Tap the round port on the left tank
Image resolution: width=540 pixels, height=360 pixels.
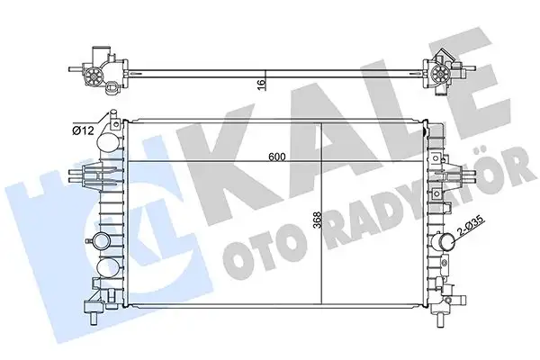coord(98,240)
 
